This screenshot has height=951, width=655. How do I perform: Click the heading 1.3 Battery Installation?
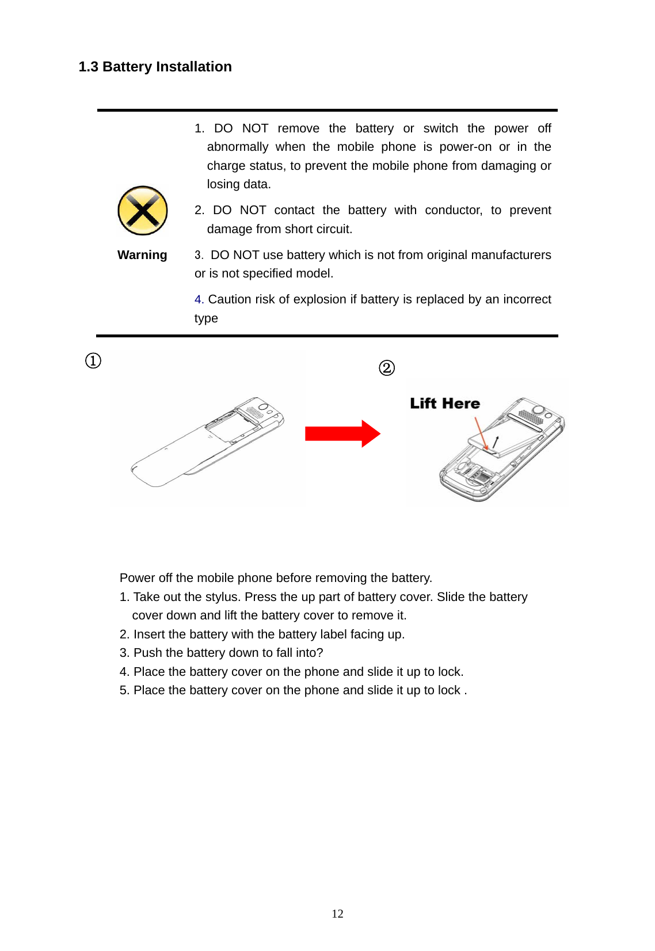[155, 67]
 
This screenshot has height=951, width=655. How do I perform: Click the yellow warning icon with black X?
[142, 211]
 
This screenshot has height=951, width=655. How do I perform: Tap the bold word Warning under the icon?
[142, 255]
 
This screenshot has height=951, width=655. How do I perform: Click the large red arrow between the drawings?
[342, 433]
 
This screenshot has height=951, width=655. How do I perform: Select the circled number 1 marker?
[93, 361]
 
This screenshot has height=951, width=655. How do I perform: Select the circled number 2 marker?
[387, 368]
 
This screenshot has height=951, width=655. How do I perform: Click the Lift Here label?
[444, 404]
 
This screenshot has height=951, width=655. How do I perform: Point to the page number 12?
[337, 914]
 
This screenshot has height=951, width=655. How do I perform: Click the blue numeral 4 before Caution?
[198, 299]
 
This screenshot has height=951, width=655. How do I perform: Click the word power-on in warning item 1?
[465, 147]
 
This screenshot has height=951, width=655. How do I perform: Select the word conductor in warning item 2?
[453, 210]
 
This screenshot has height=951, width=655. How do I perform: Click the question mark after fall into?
[320, 653]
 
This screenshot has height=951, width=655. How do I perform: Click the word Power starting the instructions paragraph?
[137, 578]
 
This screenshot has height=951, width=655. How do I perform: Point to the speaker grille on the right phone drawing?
[530, 416]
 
